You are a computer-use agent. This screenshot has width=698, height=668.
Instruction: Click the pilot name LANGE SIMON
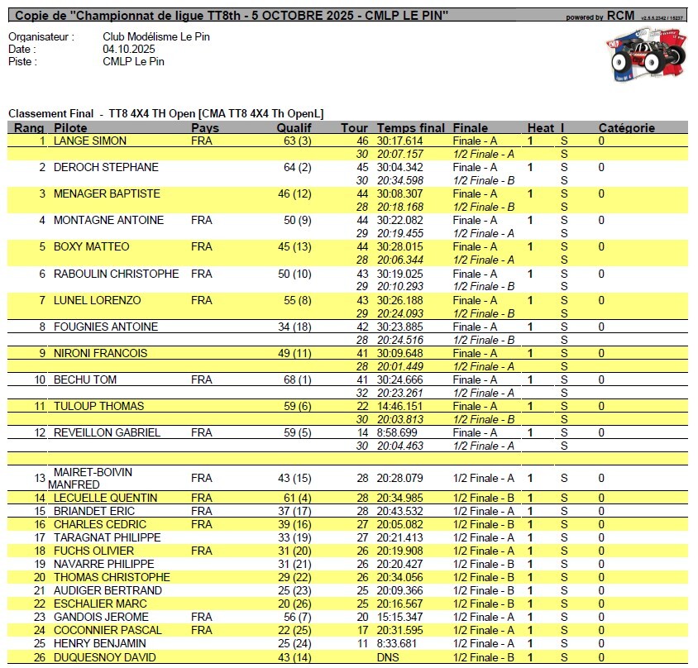tap(90, 141)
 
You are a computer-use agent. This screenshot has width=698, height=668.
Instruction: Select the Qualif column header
tap(294, 128)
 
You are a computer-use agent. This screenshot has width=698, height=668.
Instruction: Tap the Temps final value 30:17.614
tap(400, 141)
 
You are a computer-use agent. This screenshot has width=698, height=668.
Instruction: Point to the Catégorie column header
tap(627, 128)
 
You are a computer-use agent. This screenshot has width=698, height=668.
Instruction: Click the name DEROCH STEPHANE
tap(106, 168)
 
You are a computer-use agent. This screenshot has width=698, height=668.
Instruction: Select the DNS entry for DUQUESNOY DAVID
tap(388, 657)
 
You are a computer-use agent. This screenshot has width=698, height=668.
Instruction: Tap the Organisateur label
tap(41, 37)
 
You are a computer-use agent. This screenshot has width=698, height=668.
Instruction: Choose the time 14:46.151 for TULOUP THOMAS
tap(400, 406)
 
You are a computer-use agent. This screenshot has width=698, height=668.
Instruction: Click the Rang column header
tap(29, 128)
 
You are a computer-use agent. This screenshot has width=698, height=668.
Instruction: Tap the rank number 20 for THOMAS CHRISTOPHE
tap(39, 577)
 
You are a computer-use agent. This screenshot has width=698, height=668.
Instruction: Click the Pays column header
tap(205, 128)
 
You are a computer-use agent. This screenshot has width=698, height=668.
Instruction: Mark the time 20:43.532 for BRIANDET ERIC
tap(400, 511)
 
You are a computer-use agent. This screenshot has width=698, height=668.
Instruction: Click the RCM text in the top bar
tap(621, 16)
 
